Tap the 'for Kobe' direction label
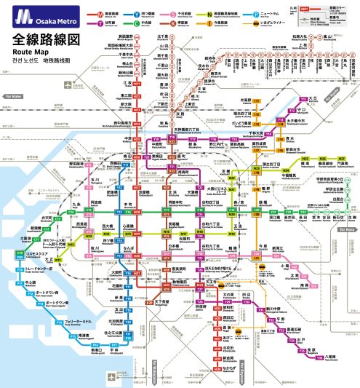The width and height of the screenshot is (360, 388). click(x=14, y=95)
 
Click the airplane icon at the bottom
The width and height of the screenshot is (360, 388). click(x=111, y=376)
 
